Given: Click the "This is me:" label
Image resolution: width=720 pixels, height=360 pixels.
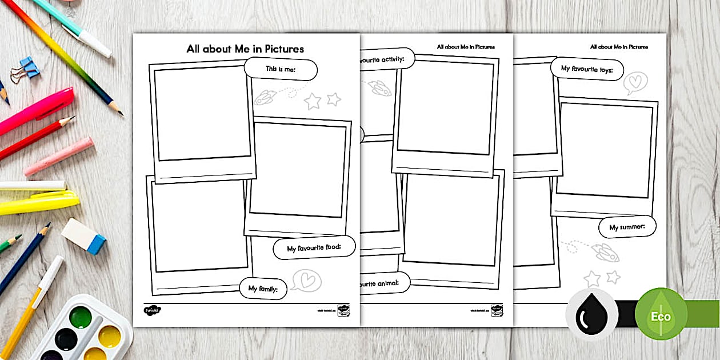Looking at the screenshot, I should coord(281,69).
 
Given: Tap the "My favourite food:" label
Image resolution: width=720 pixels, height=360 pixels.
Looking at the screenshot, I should coord(314,249).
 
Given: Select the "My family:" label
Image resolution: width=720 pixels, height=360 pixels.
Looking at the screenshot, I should coord(263,289).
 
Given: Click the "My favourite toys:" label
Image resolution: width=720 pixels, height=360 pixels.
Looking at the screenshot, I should coord(586,69).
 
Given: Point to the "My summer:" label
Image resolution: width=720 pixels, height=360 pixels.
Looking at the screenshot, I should coord(627,227).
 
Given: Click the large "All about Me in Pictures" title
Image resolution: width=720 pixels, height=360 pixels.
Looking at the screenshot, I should coord(245,49).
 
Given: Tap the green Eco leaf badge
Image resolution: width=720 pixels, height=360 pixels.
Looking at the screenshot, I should coord(661,314).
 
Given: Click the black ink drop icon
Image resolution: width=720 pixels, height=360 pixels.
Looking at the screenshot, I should coord(592,315).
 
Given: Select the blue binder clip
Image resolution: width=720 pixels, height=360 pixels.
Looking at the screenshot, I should coord(26,69).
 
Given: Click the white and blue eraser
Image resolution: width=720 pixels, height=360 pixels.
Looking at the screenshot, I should coord(84,235).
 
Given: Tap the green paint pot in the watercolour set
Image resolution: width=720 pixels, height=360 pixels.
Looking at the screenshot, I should coord(81,317).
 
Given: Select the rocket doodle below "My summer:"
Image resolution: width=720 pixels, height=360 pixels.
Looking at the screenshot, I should coord(605,252).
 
